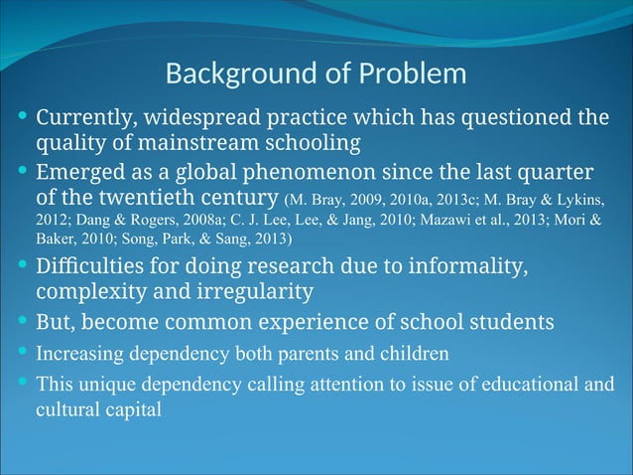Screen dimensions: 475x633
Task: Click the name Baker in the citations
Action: coord(57,239)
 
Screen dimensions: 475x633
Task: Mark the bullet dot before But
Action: coord(24,320)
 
